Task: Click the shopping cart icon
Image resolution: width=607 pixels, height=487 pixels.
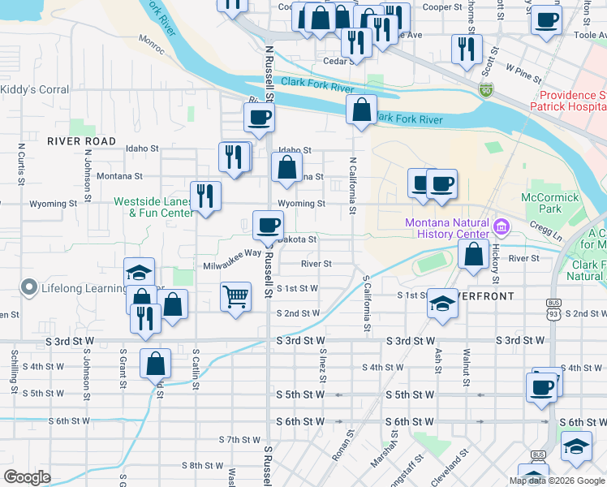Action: pos(235,296)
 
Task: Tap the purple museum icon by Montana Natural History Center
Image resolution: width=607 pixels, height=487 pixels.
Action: pos(502,225)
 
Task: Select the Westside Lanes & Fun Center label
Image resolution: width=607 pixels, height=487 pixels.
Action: pos(153,207)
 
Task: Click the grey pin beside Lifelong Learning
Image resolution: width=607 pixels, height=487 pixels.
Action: pos(29,287)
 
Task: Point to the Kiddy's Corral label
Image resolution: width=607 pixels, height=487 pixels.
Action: pos(34,89)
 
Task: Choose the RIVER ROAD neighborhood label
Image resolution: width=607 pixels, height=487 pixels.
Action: pos(82,141)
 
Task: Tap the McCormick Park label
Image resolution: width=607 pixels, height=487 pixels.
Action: pos(551,203)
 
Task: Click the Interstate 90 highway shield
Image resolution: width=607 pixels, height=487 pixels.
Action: pos(486,88)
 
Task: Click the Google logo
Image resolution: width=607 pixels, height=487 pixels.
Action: pos(28,477)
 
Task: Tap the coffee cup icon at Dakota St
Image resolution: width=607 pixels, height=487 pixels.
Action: pos(267,224)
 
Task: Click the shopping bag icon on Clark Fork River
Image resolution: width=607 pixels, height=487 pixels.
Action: pos(361,110)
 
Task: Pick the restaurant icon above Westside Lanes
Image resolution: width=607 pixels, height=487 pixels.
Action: pos(205,196)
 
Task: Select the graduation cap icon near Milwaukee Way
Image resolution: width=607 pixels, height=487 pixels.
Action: pos(140,272)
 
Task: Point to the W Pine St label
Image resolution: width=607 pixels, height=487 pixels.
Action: pos(523,73)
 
